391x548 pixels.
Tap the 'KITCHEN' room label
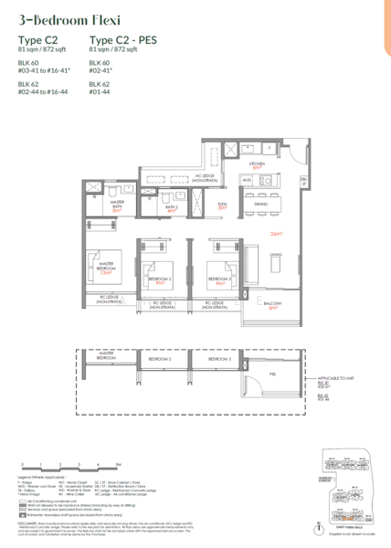258,164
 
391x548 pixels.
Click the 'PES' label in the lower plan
272,373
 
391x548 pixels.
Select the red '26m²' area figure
275,234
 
